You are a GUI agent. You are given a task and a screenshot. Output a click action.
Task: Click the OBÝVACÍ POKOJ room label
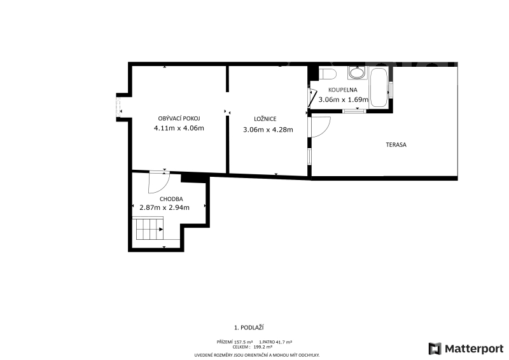point(179,118)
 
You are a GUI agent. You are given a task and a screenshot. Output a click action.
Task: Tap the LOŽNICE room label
point(265,119)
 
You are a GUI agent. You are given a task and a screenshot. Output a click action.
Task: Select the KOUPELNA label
point(343,90)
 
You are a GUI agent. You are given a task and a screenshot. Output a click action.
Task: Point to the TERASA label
point(396,145)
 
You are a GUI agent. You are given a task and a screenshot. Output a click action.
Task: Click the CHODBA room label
point(171,199)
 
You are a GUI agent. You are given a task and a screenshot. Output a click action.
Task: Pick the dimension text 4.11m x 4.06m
point(179,128)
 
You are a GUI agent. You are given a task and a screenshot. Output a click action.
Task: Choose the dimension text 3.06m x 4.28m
point(268,130)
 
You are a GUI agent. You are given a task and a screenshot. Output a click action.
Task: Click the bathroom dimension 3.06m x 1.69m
point(344,100)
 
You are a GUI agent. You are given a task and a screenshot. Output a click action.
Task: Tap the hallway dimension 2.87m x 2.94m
point(165,207)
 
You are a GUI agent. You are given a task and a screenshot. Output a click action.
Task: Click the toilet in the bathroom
point(327,74)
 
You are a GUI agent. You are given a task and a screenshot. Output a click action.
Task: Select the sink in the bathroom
point(357,73)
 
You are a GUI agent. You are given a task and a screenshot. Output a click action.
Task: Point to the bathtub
point(379,87)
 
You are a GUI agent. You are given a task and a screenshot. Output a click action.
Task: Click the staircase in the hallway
point(150,229)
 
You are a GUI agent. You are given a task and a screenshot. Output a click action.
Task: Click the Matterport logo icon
point(435,349)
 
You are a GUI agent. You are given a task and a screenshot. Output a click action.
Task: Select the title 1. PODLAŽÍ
point(249,328)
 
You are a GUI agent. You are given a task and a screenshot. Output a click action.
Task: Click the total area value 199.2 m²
point(263,347)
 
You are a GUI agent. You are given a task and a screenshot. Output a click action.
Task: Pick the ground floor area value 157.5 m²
point(244,342)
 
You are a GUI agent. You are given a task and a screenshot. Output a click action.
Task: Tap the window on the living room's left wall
point(118,107)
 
